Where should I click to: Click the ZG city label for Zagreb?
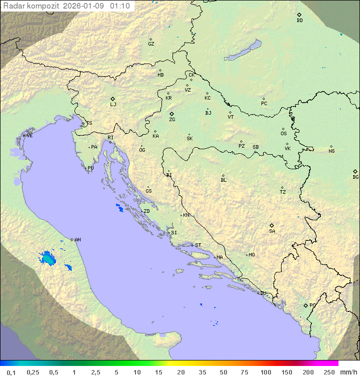point(172,120)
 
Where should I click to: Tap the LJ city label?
point(113,104)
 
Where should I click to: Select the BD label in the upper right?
point(299,21)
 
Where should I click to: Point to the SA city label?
point(272,231)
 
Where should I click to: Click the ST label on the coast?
point(198,245)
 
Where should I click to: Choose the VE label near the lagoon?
point(29,136)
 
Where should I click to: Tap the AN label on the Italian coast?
point(77,240)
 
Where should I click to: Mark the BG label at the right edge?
point(355,177)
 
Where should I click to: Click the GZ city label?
point(151,44)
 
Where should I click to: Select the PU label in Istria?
point(90,168)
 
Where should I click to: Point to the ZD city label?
point(146,211)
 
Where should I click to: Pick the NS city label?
point(331,151)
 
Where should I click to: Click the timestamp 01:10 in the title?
point(120,6)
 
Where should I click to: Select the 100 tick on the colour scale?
point(265,372)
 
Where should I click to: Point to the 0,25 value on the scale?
point(33,372)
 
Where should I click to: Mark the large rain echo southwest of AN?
point(48,258)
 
